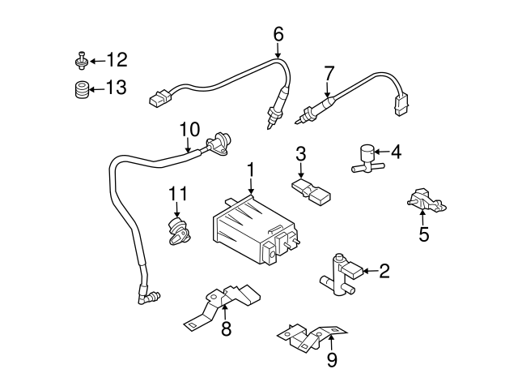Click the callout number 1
(251, 170)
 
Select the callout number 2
(384, 272)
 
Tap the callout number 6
(278, 35)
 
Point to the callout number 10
(189, 129)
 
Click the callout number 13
(117, 88)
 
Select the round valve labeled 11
(177, 230)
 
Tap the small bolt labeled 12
(81, 61)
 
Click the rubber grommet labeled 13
(80, 88)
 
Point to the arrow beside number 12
(96, 61)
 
